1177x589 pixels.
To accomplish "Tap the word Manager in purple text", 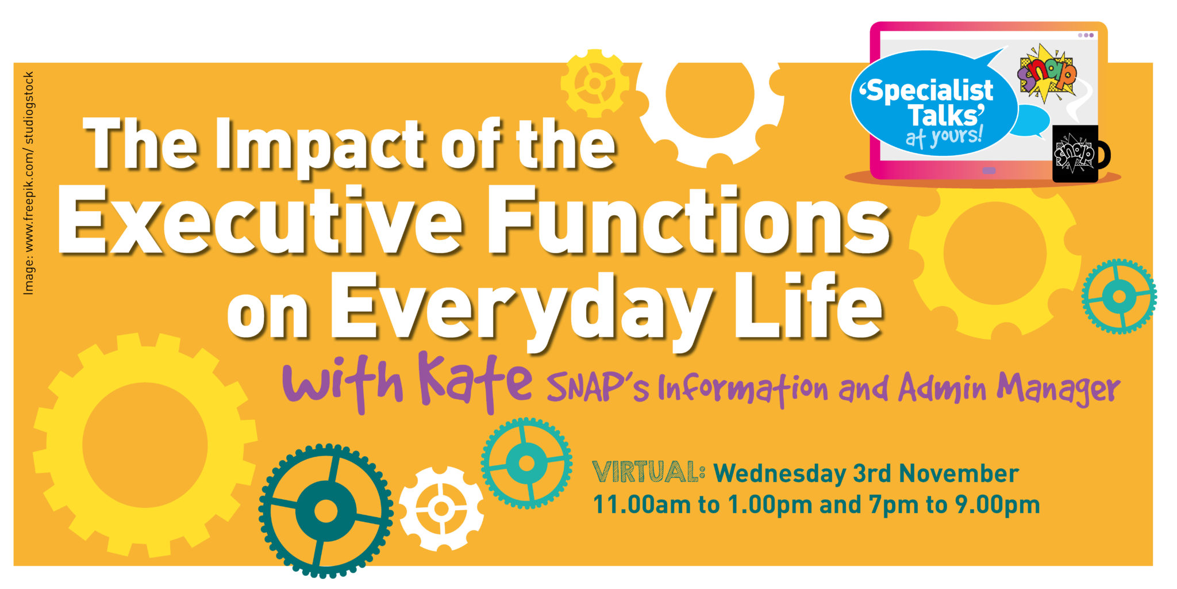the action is click(1059, 389).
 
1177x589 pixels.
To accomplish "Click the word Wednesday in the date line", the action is click(780, 473).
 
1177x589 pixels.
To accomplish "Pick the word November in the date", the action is click(959, 473).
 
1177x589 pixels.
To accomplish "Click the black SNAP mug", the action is click(1078, 154).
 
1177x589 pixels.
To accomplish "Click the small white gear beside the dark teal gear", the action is click(441, 508).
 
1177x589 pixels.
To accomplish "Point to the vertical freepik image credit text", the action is click(29, 183).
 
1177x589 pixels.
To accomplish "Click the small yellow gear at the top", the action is click(595, 84).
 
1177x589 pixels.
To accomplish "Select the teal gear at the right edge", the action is click(1119, 297).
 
